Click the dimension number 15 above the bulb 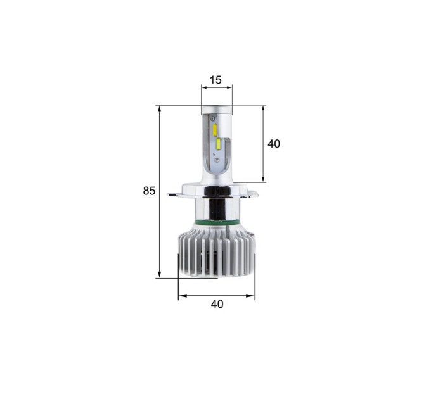tap(215, 80)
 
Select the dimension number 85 tap(149, 191)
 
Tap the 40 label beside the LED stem tap(274, 144)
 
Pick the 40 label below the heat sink tap(217, 304)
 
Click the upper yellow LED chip tap(215, 130)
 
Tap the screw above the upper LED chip tap(212, 118)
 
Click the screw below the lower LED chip tap(217, 159)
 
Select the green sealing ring tap(217, 221)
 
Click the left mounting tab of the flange tap(174, 194)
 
